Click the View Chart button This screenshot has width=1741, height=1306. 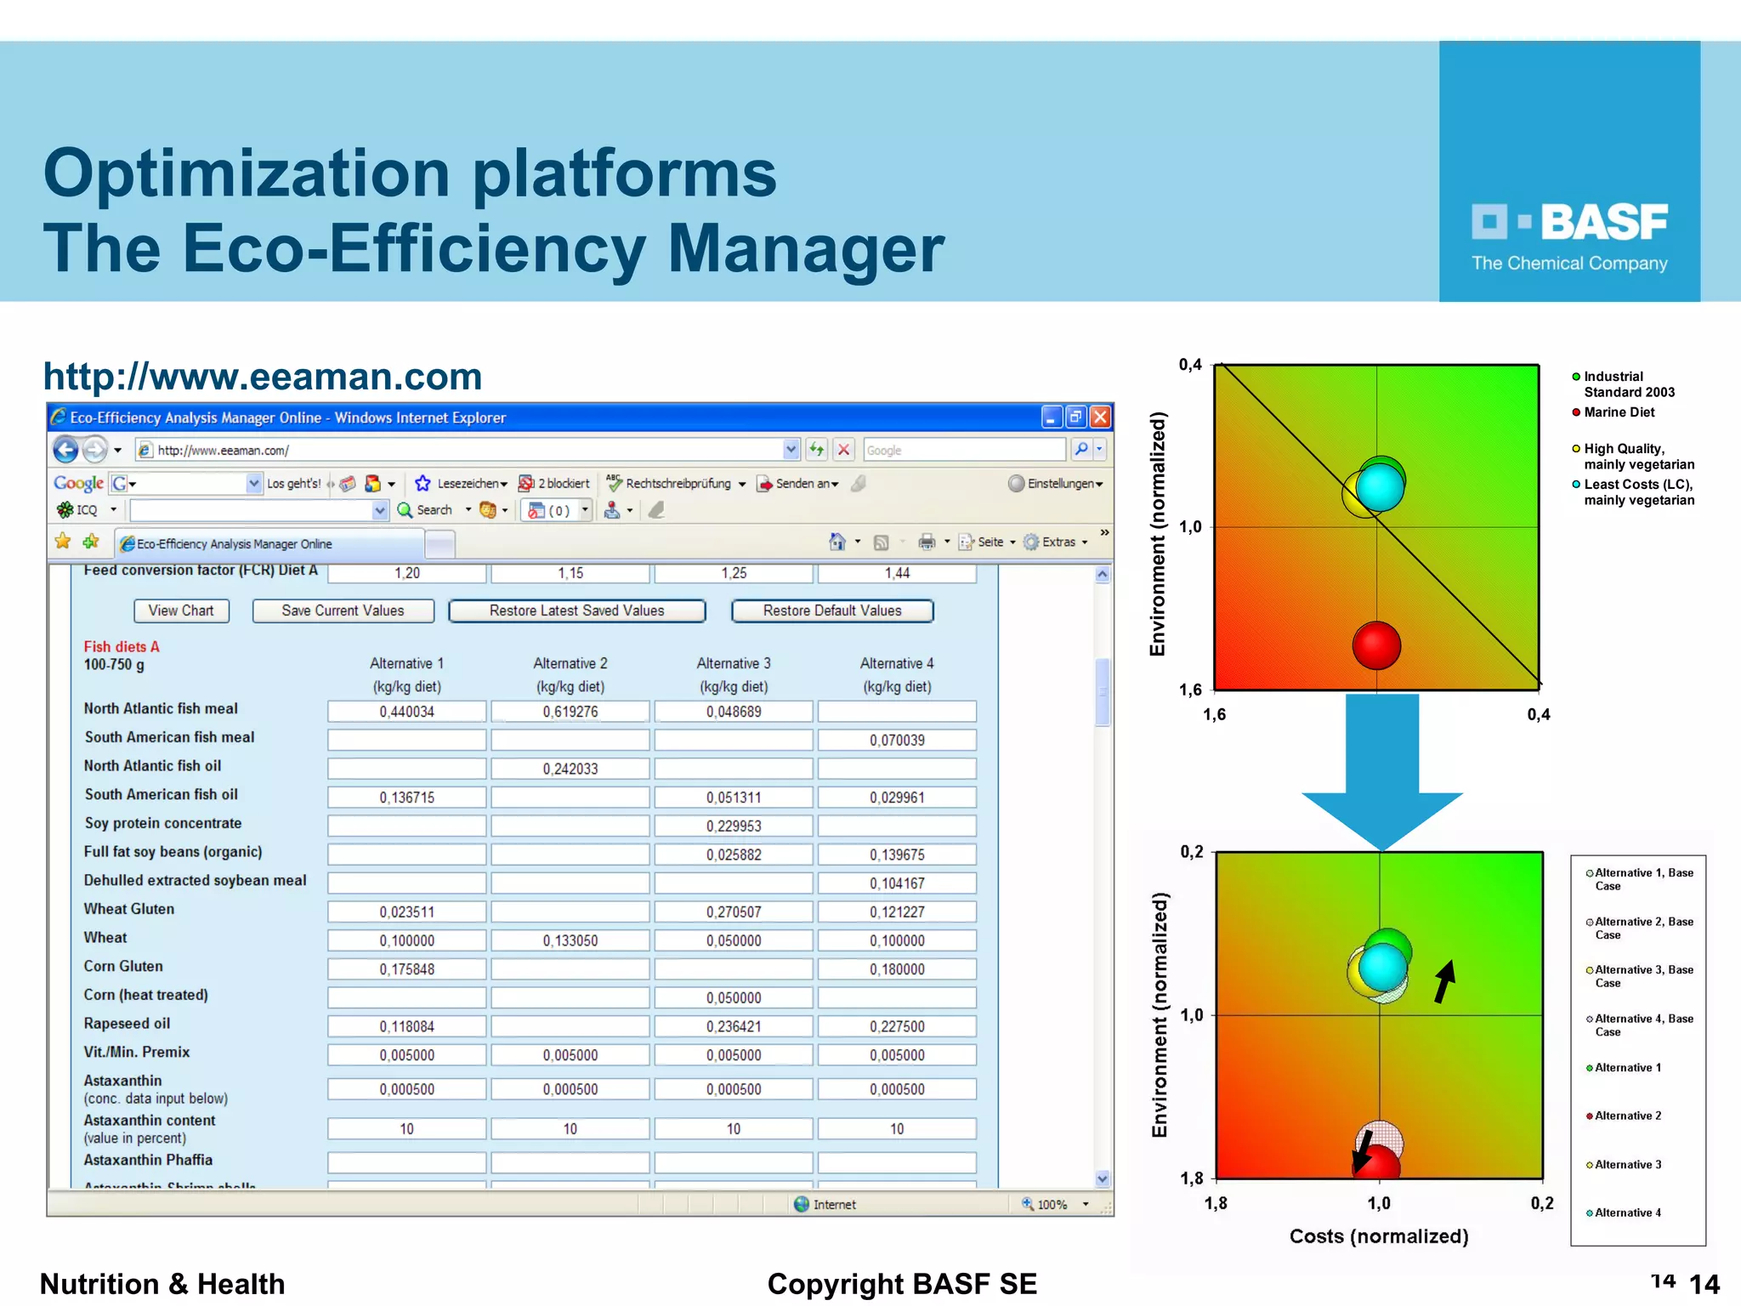181,610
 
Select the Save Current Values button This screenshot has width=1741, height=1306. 343,610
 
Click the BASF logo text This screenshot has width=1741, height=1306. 1603,223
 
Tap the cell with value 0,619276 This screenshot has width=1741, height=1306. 570,712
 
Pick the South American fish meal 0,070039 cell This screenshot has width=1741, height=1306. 897,741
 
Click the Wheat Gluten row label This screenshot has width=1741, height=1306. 129,909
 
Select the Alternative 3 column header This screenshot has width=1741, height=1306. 734,663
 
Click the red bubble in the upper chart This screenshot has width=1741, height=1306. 1376,645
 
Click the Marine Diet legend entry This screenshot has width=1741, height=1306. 1619,412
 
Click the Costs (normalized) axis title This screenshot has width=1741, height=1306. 1379,1236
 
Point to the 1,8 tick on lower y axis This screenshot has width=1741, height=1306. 1192,1178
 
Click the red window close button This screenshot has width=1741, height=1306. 1100,417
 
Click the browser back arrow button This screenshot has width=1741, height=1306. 66,449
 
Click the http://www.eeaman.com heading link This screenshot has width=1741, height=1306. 263,377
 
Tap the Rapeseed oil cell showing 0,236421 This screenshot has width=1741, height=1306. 734,1026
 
